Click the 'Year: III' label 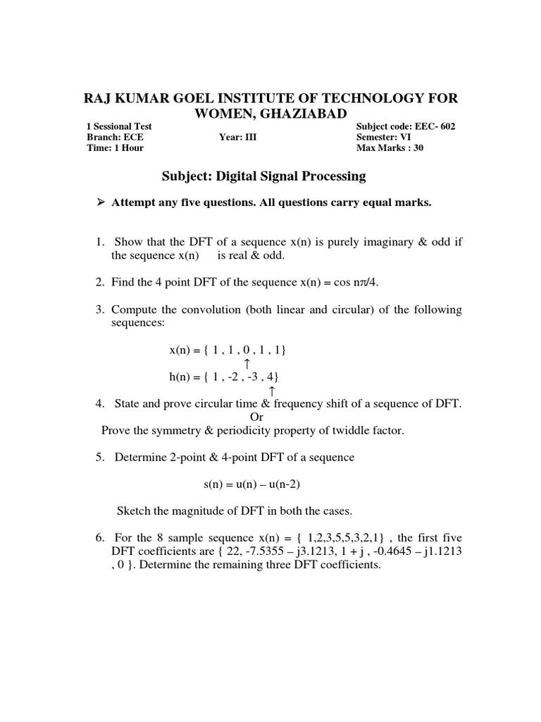coord(238,137)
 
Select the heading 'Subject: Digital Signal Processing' coord(260,176)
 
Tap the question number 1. coord(99,243)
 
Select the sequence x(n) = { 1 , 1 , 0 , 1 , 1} coord(228,350)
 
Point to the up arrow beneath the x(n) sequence coord(247,363)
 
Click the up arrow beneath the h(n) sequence coord(272,390)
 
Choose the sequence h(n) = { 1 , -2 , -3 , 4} coord(228,377)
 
